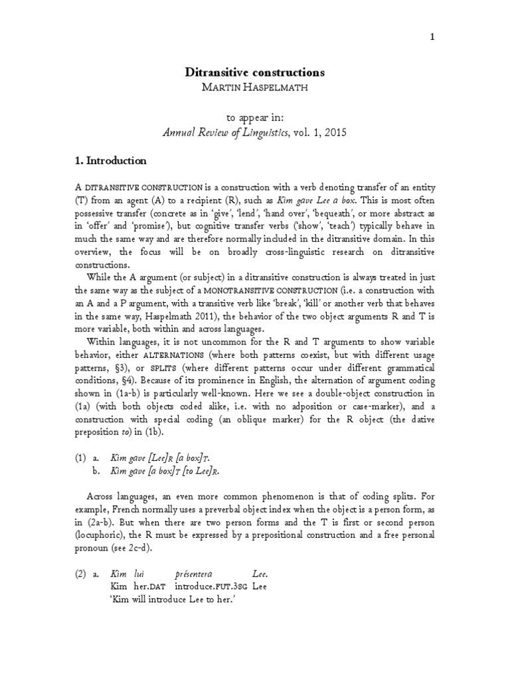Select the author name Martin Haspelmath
pos(255,88)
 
